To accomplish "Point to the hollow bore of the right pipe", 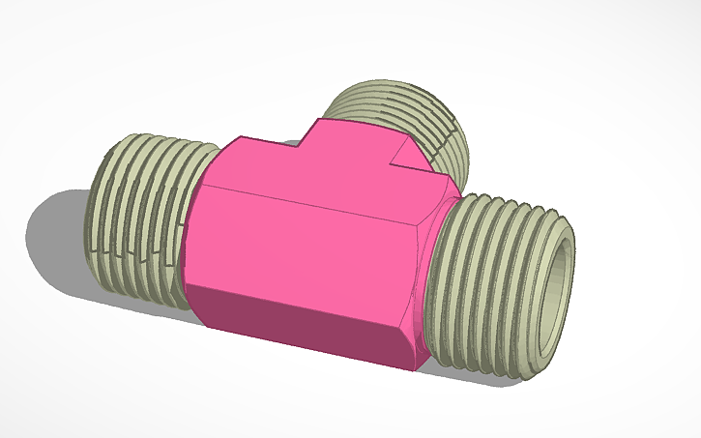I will coord(554,290).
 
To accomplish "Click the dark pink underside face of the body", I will coord(300,324).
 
